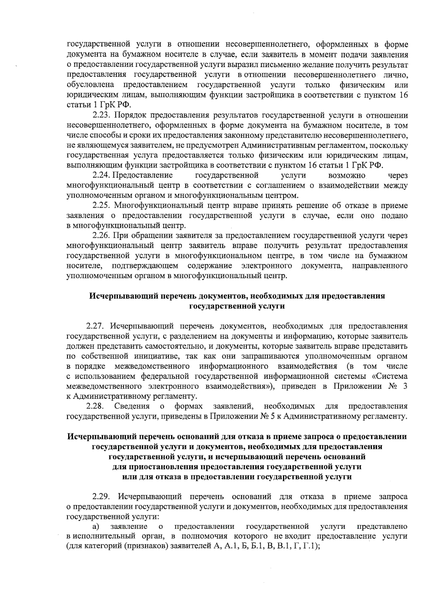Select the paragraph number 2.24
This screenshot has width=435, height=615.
(x=102, y=176)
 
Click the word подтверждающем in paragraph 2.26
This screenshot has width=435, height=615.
(x=145, y=266)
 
